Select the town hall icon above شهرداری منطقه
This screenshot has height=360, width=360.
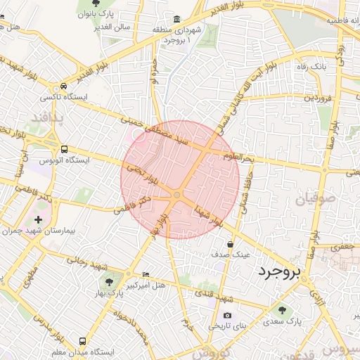[174, 19]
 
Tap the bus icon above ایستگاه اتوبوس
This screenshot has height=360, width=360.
[64, 149]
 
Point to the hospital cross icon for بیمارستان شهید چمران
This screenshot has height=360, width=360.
[48, 220]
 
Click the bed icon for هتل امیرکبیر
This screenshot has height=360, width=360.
[146, 274]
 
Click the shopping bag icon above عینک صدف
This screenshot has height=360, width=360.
[231, 244]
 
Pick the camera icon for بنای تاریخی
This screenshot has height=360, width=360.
[226, 316]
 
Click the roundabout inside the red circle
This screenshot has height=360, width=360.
[177, 195]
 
